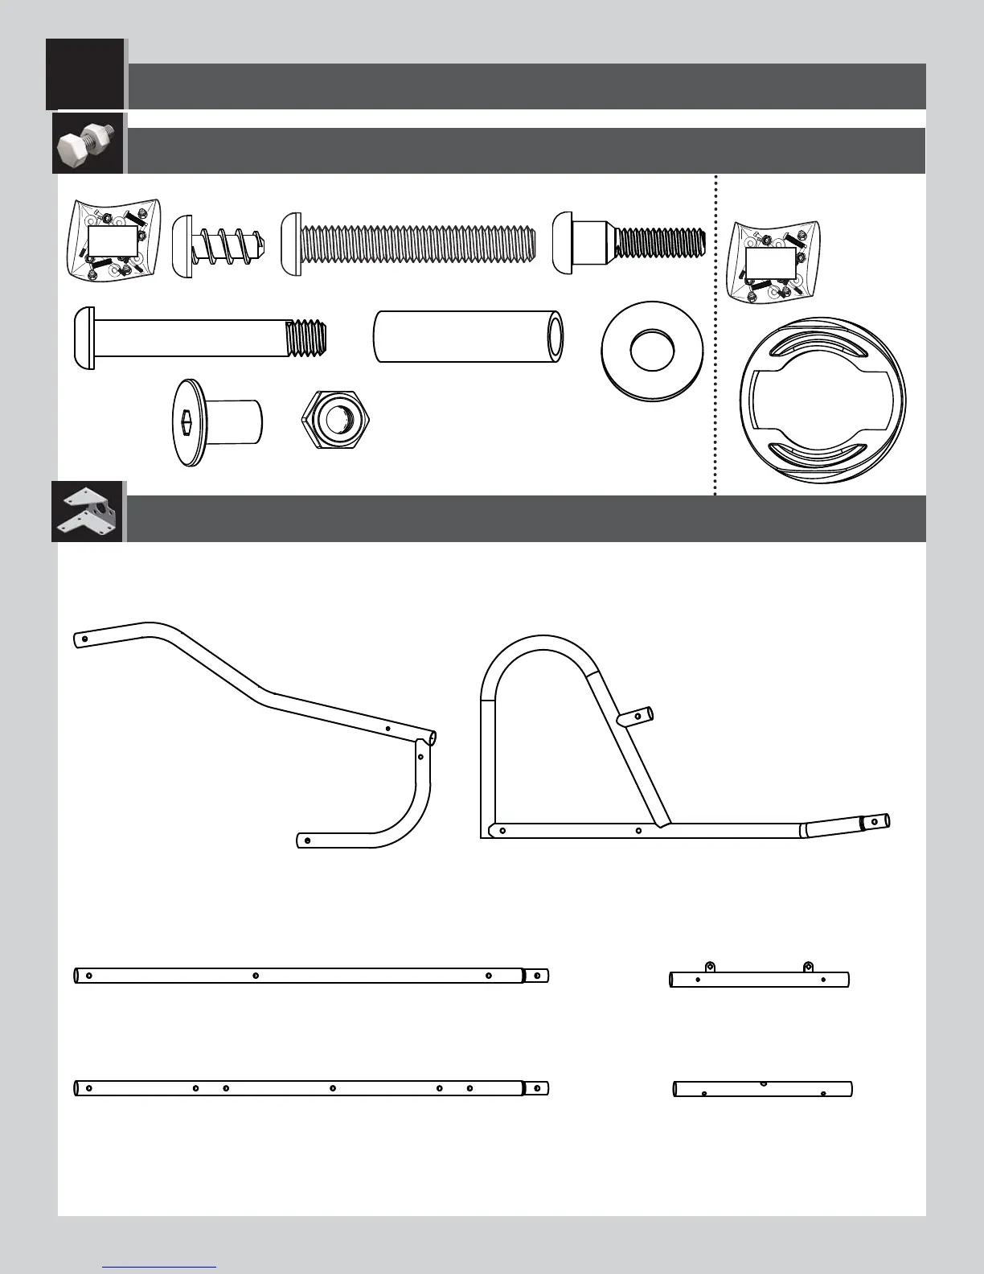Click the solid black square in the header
pyautogui.click(x=85, y=73)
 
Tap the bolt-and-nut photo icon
pyautogui.click(x=88, y=143)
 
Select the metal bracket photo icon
pyautogui.click(x=87, y=512)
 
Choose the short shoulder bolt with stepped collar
pyautogui.click(x=629, y=241)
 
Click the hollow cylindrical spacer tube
pyautogui.click(x=468, y=336)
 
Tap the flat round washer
pyautogui.click(x=652, y=349)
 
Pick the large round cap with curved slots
pyautogui.click(x=822, y=399)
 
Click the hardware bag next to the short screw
pyautogui.click(x=113, y=239)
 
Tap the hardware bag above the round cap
pyautogui.click(x=771, y=262)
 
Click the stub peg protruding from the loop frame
pyautogui.click(x=637, y=714)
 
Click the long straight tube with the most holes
pyautogui.click(x=311, y=1088)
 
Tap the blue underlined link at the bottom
pyautogui.click(x=159, y=1267)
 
